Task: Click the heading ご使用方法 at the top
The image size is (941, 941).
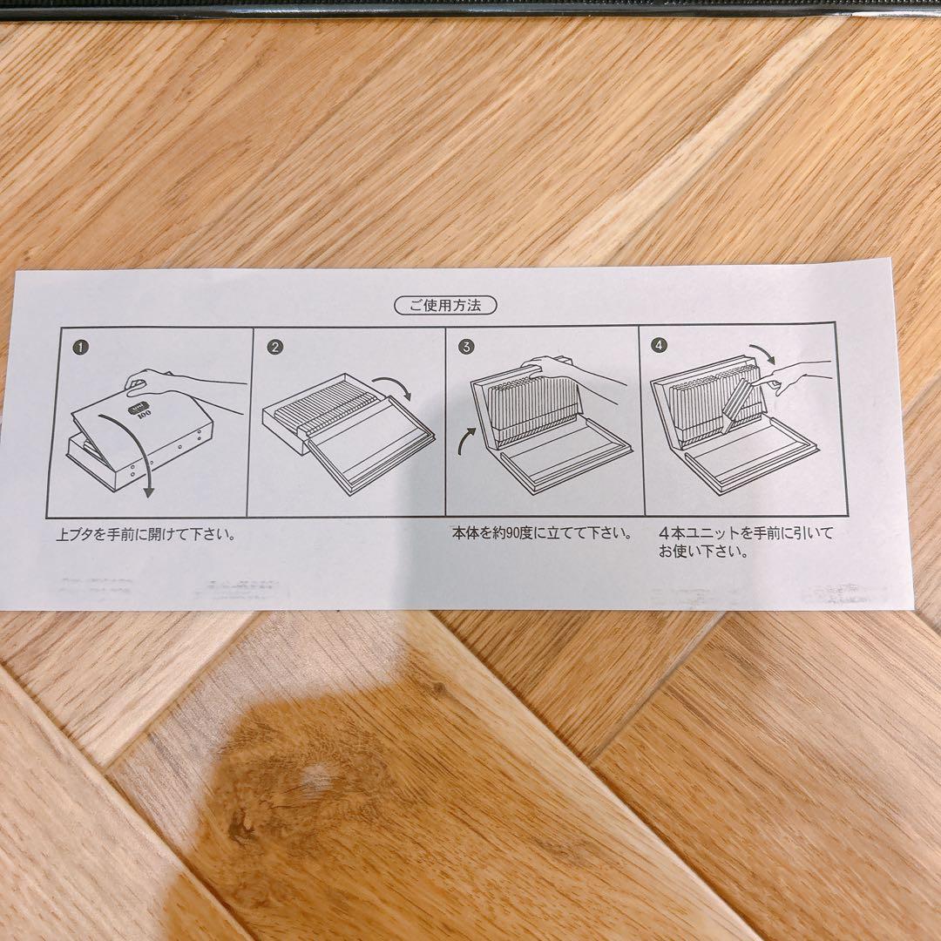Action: (x=445, y=305)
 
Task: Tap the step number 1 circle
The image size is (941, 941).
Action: (x=81, y=347)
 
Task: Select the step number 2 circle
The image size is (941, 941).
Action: (x=275, y=347)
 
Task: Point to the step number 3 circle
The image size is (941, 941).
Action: (x=467, y=347)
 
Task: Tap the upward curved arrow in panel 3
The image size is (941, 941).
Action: (x=468, y=437)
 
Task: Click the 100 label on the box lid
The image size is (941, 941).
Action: (x=144, y=416)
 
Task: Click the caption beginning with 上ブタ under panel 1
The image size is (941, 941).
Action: (x=146, y=534)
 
